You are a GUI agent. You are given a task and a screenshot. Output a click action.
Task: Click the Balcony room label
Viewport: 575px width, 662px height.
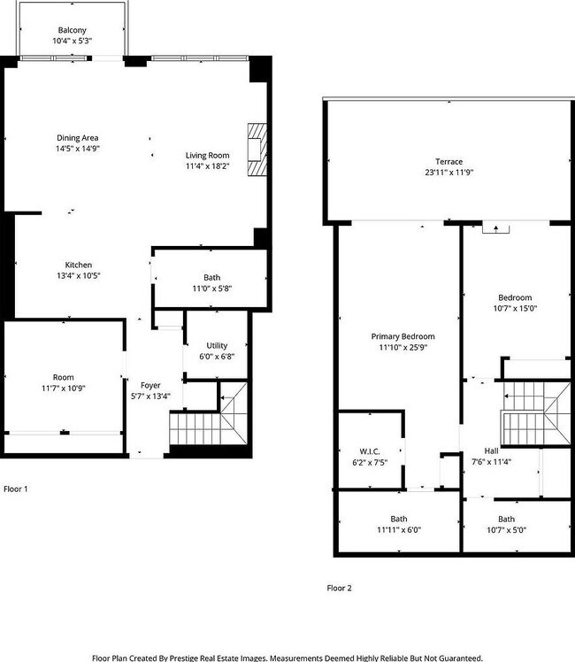73,29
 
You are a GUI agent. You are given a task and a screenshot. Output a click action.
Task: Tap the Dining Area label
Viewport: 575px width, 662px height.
77,138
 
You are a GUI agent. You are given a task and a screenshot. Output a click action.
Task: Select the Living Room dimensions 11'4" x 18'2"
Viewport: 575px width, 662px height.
208,166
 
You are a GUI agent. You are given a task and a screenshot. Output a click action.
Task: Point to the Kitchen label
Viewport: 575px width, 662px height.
78,265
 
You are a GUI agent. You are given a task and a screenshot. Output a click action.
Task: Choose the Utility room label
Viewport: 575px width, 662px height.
217,345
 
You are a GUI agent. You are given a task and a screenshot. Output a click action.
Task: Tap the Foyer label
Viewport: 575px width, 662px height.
150,385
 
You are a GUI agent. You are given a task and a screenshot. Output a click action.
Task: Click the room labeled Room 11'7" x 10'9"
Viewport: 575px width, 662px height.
64,381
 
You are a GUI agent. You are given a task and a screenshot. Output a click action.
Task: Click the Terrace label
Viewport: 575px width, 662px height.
448,161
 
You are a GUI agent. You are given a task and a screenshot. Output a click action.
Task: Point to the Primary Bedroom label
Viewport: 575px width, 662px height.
402,336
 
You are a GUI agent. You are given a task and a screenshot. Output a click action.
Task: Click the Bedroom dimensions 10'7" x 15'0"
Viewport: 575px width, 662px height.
515,309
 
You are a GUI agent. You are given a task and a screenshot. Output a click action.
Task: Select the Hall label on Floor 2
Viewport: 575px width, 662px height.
491,450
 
